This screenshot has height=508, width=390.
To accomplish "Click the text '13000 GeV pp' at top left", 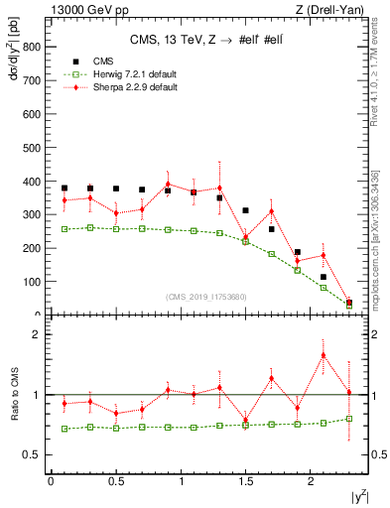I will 57,10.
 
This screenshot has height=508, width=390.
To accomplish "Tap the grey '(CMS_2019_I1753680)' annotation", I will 205,297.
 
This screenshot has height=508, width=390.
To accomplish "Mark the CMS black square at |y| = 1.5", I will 245,210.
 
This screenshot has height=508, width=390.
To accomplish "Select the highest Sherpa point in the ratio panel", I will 324,355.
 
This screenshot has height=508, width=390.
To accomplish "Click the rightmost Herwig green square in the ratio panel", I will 349,419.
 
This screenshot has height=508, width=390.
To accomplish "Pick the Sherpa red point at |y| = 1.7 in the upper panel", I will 271,211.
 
